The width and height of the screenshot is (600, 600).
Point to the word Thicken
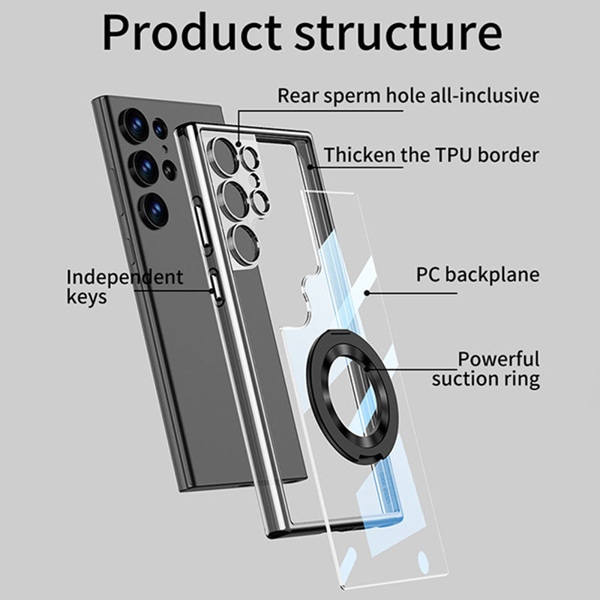tap(359, 155)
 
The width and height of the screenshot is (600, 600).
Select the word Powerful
tap(499, 359)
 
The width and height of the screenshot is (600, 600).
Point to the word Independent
tap(124, 277)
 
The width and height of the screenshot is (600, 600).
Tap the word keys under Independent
tap(86, 297)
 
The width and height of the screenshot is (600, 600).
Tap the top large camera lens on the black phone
tap(136, 124)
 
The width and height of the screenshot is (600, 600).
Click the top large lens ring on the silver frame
tap(223, 151)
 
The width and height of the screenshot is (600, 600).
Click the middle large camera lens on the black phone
tap(145, 166)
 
